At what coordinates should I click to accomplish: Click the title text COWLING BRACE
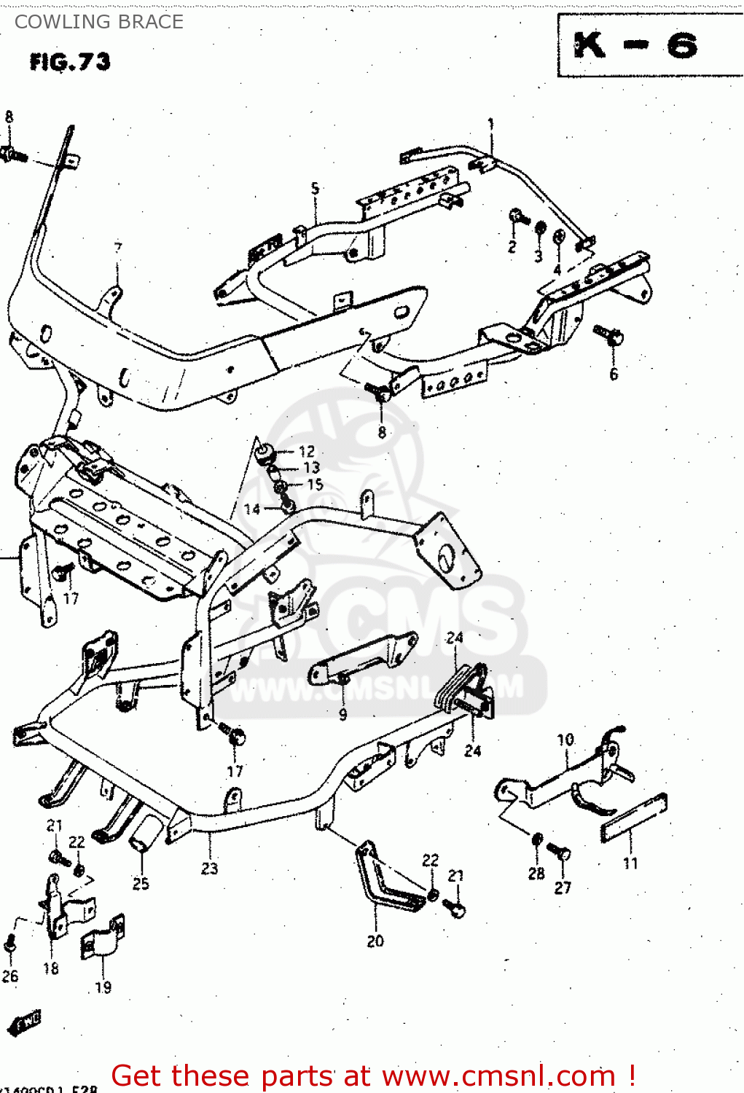(99, 22)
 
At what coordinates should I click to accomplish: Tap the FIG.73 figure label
(70, 62)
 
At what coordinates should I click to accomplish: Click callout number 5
(315, 188)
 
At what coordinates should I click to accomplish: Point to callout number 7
(118, 248)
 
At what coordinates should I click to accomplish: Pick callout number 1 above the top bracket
(490, 124)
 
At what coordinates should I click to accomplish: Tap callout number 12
(307, 452)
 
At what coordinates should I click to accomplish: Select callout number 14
(251, 509)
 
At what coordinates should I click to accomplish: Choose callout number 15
(314, 485)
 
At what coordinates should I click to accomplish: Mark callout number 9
(342, 715)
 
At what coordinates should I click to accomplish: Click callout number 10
(565, 740)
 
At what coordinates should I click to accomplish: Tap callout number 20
(375, 941)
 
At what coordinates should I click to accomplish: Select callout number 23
(209, 869)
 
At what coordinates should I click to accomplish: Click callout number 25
(141, 884)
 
